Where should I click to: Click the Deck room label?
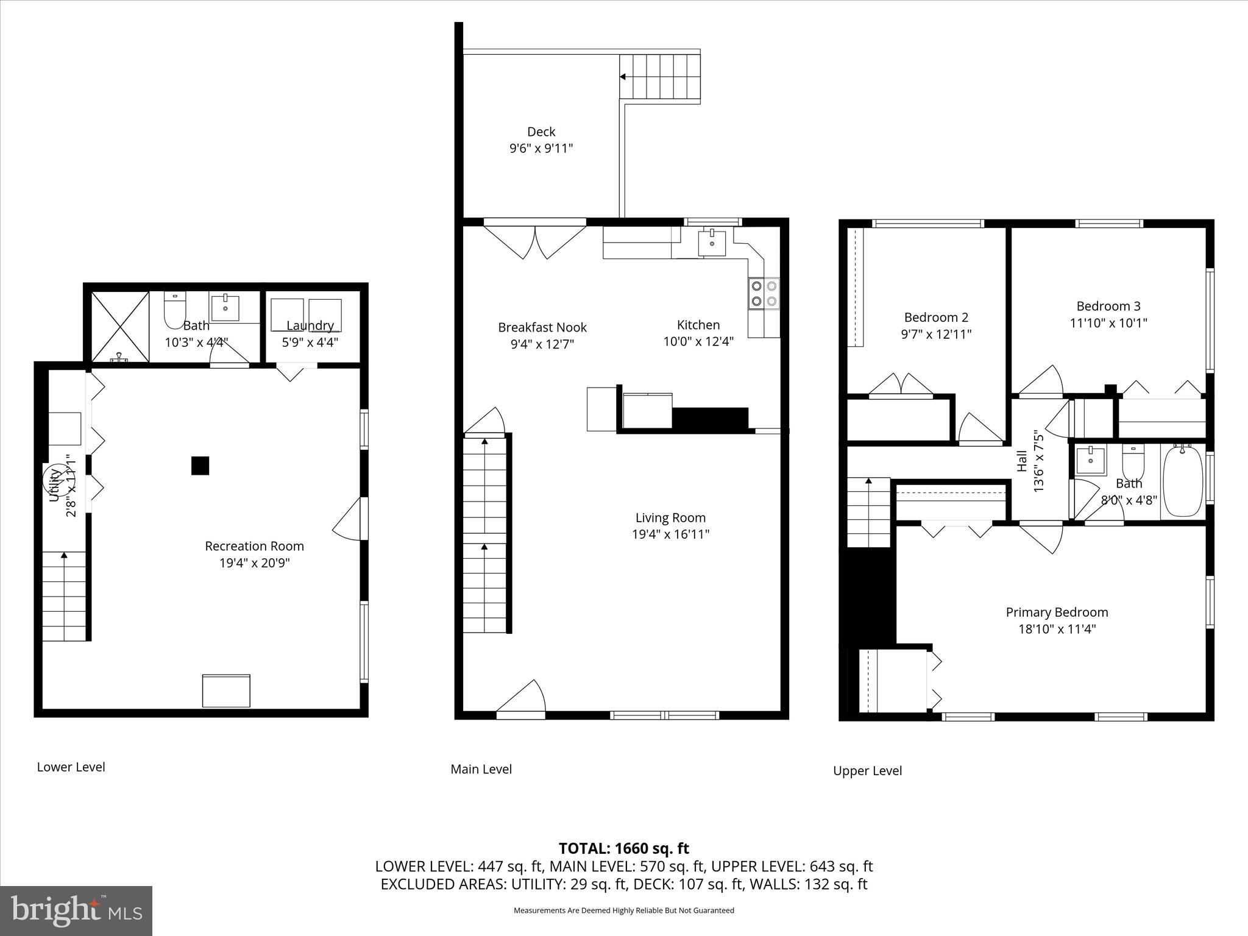click(541, 132)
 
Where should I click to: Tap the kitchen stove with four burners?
click(764, 293)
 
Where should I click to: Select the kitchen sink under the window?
click(712, 242)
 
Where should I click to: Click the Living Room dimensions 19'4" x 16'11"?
click(670, 534)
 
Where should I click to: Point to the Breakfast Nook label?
click(542, 327)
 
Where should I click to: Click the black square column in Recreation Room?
click(200, 466)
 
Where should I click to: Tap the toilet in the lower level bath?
click(174, 311)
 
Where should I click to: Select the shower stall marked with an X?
click(120, 327)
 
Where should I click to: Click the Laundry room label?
click(310, 325)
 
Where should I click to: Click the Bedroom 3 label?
click(1108, 306)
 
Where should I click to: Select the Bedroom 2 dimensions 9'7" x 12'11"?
click(936, 334)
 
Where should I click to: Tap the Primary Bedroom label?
click(1057, 612)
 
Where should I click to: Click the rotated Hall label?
click(1022, 461)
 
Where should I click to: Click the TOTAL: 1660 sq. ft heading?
click(623, 848)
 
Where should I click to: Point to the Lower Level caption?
click(71, 767)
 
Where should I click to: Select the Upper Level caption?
click(867, 771)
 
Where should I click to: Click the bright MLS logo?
click(76, 911)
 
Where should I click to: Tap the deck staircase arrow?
click(623, 77)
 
